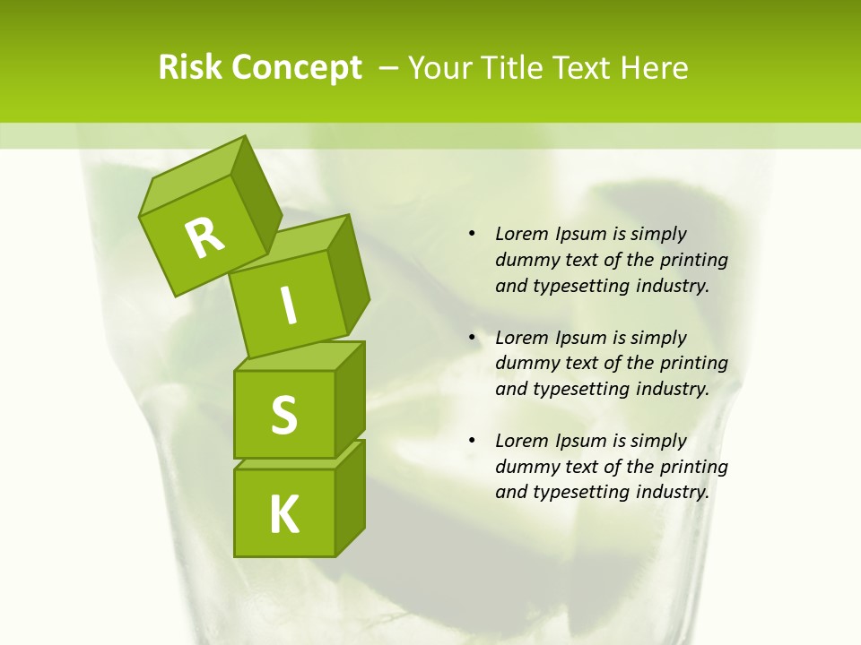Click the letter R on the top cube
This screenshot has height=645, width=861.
(204, 237)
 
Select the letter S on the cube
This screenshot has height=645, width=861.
(284, 415)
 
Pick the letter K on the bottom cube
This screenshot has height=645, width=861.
(284, 514)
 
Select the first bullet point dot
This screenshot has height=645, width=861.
(472, 234)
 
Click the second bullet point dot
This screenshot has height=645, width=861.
(472, 338)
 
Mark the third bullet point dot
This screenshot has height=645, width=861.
(472, 441)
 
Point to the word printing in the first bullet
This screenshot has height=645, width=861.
(693, 260)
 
